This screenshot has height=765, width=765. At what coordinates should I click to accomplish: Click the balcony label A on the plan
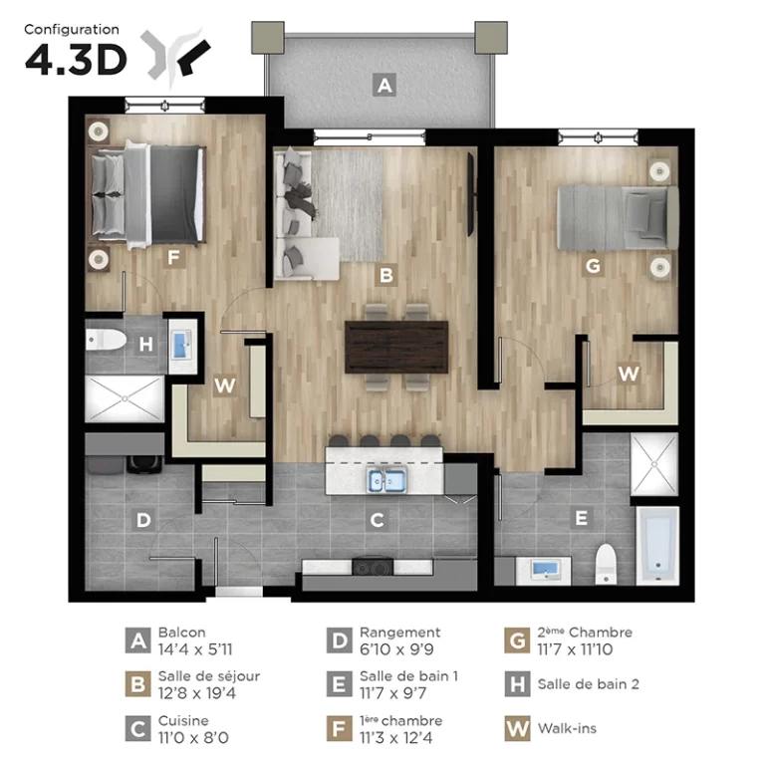click(x=383, y=85)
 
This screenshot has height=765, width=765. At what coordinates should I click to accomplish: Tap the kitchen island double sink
click(x=386, y=480)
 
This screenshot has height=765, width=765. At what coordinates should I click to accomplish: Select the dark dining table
click(x=396, y=347)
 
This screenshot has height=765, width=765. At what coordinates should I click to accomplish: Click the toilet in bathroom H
click(x=106, y=339)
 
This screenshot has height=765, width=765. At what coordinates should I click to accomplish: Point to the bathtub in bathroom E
click(x=657, y=545)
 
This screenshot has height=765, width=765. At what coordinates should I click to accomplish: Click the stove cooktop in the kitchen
click(x=373, y=567)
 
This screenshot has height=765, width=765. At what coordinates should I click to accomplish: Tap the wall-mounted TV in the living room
click(x=471, y=194)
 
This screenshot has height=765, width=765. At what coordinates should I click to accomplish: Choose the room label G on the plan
click(x=593, y=266)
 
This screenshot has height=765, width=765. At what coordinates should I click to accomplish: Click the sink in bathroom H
click(x=182, y=345)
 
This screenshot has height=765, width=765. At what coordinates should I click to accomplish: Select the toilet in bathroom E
click(x=606, y=564)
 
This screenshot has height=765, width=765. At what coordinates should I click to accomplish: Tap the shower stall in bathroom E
click(x=654, y=464)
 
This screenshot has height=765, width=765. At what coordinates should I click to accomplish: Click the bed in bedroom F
click(x=146, y=195)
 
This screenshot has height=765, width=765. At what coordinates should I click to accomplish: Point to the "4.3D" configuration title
click(x=76, y=61)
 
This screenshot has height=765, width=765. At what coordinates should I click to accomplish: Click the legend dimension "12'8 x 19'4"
click(x=196, y=693)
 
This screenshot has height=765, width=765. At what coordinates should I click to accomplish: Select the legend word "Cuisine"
click(x=183, y=720)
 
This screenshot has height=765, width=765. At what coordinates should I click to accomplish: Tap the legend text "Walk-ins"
click(x=567, y=728)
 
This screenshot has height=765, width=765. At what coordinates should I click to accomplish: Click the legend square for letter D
click(x=339, y=640)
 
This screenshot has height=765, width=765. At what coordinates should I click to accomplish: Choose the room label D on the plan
click(x=143, y=520)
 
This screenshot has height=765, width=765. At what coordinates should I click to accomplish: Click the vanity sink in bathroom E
click(x=545, y=570)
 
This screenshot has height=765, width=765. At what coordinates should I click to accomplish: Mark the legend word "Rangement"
click(x=400, y=633)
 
